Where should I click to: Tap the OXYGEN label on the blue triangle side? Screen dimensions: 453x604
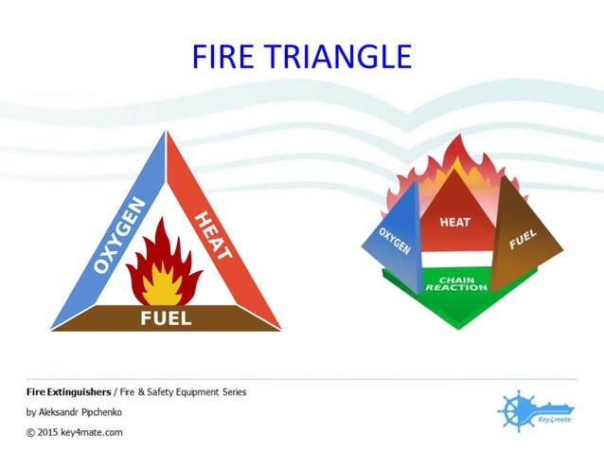119,234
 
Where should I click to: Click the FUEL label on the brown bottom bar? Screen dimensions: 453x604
166,318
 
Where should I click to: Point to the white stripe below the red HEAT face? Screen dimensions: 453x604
455,259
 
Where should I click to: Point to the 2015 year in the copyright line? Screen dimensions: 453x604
50,432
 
